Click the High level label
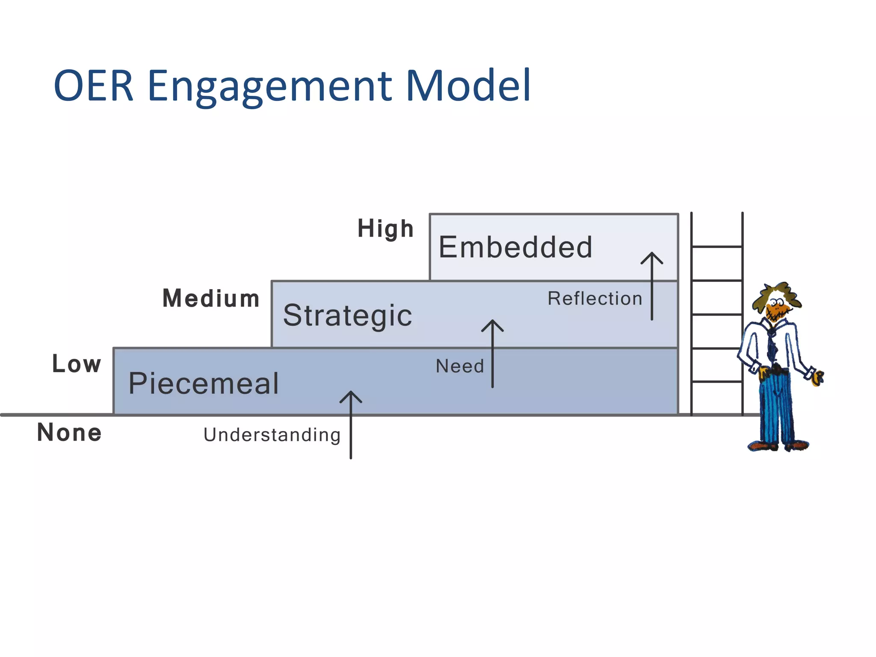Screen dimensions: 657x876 click(385, 229)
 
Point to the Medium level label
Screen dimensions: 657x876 click(211, 299)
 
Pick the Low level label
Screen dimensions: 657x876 click(77, 364)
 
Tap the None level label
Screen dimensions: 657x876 click(69, 432)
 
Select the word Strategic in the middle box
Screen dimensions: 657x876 click(347, 316)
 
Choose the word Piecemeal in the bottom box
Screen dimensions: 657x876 click(204, 383)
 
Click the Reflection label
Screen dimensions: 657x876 click(595, 299)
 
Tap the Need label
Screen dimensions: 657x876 click(460, 366)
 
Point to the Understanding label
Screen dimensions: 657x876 click(272, 435)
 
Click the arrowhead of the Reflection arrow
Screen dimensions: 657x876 click(652, 256)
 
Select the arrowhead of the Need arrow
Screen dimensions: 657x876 click(492, 324)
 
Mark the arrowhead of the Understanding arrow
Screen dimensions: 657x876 click(351, 395)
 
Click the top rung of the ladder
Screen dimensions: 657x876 click(716, 247)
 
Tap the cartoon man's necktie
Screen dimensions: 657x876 click(772, 346)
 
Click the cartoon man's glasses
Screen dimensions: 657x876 click(777, 302)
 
